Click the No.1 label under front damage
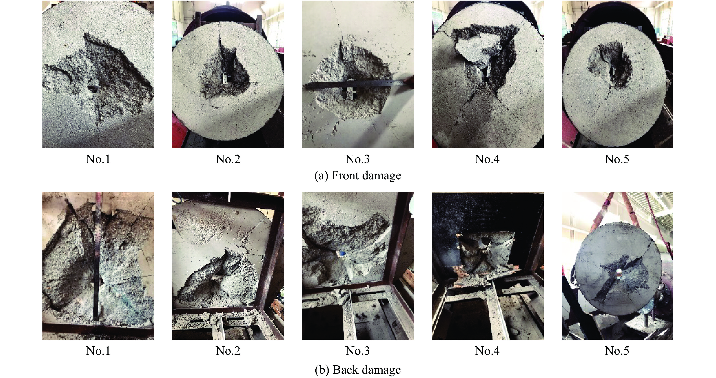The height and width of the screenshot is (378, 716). (x=98, y=159)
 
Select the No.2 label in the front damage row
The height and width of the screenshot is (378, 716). (x=228, y=159)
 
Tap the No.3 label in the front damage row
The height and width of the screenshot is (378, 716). (x=358, y=159)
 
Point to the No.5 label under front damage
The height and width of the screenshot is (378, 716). (x=617, y=159)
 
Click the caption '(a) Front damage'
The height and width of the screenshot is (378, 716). (x=358, y=176)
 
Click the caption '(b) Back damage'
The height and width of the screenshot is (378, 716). (x=358, y=370)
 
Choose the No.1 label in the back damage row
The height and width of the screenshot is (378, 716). (x=98, y=351)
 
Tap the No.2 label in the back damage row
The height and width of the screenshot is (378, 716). (x=228, y=351)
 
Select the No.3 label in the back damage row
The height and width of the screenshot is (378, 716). (x=358, y=351)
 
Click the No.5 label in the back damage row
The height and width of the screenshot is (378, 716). (x=617, y=351)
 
